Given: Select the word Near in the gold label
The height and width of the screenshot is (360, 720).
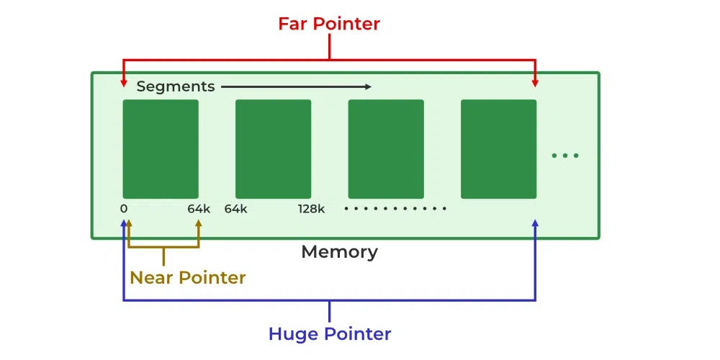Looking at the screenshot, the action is (x=151, y=277).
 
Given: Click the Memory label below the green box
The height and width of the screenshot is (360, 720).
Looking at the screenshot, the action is (x=339, y=251).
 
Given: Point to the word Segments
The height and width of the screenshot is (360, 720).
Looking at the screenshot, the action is (x=176, y=86).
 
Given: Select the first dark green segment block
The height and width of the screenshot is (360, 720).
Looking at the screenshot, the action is (x=161, y=149).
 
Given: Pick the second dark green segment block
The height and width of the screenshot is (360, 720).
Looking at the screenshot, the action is (x=273, y=149).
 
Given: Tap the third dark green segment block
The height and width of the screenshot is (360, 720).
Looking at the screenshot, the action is (x=386, y=149).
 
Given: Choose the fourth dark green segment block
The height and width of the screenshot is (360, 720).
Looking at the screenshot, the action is (x=499, y=149).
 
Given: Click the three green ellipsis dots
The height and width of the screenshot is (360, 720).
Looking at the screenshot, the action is (x=564, y=156).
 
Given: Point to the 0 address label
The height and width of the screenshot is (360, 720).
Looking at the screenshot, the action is (x=124, y=209).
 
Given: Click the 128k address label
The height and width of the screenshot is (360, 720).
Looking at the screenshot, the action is (x=311, y=209).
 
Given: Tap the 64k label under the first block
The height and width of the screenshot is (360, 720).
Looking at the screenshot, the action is (x=199, y=209).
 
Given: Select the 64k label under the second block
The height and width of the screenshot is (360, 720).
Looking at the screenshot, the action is (x=236, y=209).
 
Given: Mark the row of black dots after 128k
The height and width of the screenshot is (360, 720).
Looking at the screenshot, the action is (x=395, y=209).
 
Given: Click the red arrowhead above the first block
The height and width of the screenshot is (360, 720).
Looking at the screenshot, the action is (x=123, y=83).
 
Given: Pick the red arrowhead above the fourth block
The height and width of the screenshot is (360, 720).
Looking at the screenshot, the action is (x=534, y=83).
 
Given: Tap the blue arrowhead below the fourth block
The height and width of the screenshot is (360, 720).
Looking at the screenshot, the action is (x=534, y=222).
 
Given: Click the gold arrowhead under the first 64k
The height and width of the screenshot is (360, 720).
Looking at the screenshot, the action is (x=199, y=222).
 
